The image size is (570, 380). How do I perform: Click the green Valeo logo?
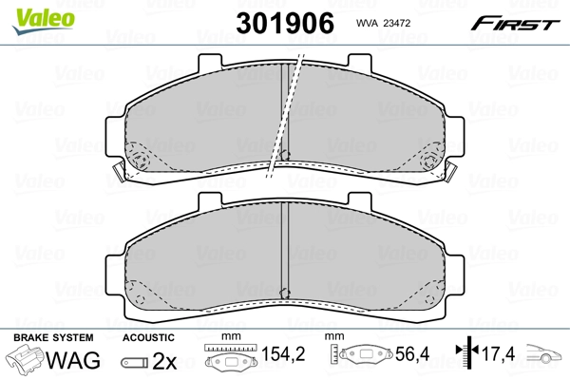pyautogui.click(x=44, y=20)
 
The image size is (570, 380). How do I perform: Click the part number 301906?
pyautogui.click(x=285, y=23)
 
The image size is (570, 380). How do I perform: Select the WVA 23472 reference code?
pyautogui.click(x=383, y=23)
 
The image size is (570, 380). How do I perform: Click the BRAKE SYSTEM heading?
pyautogui.click(x=53, y=337)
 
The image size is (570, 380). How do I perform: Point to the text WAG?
pyautogui.click(x=73, y=360)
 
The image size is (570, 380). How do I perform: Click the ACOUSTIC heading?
pyautogui.click(x=148, y=337)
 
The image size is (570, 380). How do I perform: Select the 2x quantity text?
pyautogui.click(x=164, y=361)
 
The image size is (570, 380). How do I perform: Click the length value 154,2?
pyautogui.click(x=283, y=353)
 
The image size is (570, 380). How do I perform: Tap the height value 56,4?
pyautogui.click(x=412, y=353)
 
